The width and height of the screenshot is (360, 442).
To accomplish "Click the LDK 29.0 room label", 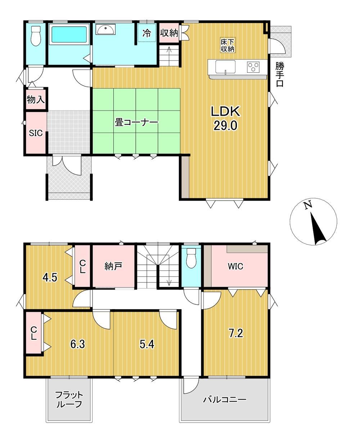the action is click(226, 118).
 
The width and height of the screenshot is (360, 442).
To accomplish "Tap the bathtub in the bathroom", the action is click(69, 34).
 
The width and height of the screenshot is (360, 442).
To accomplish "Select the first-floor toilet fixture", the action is click(36, 36).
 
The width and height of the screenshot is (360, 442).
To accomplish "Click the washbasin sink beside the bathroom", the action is click(105, 30).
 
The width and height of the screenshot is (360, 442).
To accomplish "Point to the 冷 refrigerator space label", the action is click(147, 33).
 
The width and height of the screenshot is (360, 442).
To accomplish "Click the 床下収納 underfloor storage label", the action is click(227, 45).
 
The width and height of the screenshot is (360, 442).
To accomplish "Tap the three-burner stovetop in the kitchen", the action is click(253, 67).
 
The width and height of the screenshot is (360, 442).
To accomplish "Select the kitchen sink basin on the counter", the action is click(225, 67).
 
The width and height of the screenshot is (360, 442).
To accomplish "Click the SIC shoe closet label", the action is click(36, 133).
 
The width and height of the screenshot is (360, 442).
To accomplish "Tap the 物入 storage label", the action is click(36, 100).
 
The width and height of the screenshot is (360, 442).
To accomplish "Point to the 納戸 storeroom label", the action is click(113, 267).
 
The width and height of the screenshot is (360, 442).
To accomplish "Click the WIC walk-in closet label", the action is click(235, 267).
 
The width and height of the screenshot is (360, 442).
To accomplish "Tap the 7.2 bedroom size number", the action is click(236, 334).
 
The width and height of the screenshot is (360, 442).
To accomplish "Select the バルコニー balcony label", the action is click(225, 399).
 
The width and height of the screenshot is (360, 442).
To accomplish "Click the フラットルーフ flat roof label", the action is click(69, 399).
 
